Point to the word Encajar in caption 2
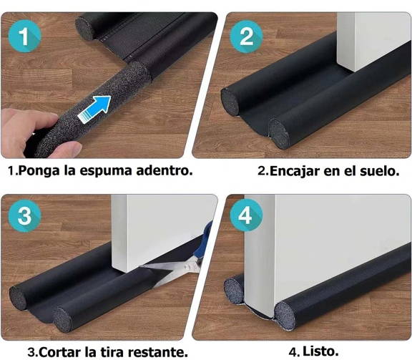pos(293,172)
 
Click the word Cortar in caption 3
pos(61,351)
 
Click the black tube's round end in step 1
pos(89,26)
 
